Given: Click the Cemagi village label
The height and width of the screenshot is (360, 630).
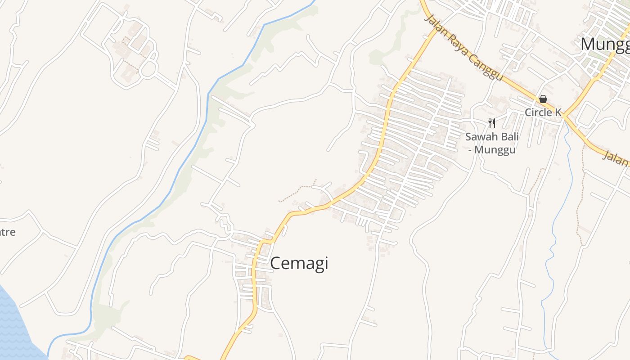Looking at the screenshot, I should (299, 263).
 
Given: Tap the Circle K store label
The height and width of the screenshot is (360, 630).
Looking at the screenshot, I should (543, 112).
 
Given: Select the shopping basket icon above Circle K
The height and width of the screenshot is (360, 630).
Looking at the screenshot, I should (543, 99).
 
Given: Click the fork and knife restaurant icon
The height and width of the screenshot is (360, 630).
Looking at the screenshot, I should (492, 123).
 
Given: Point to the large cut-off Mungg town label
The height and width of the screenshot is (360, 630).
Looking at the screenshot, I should (605, 45).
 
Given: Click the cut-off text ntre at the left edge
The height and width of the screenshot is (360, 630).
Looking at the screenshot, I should (8, 232).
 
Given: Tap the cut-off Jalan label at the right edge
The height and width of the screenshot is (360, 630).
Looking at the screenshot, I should (616, 158).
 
